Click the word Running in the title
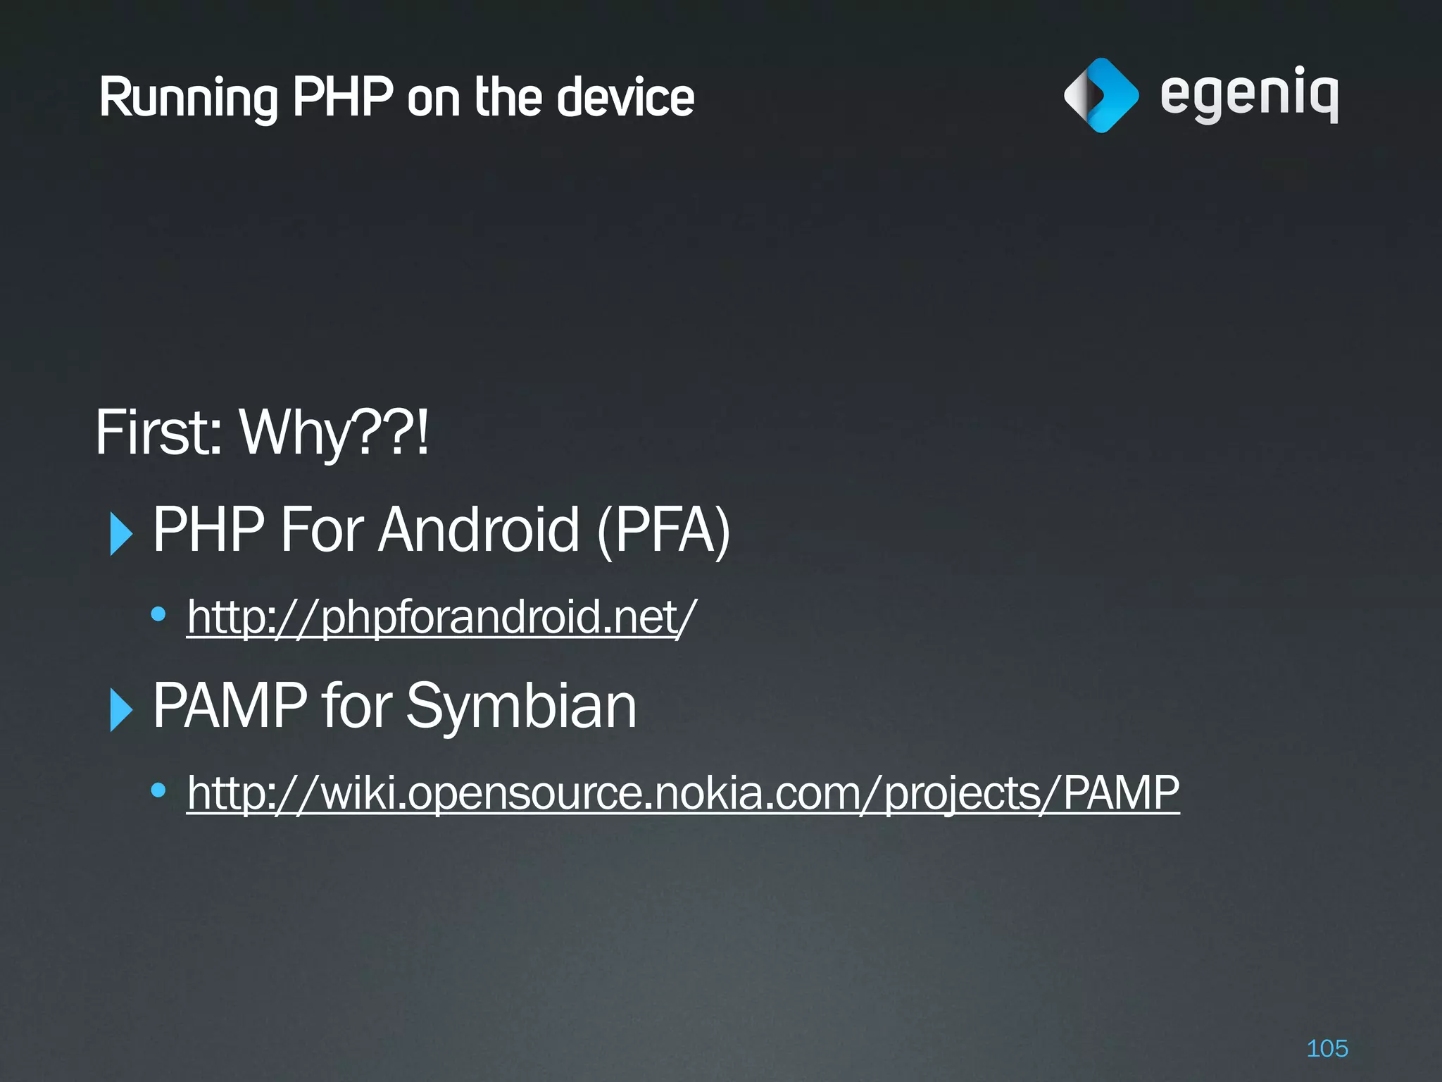click(x=189, y=99)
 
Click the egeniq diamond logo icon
click(x=1101, y=96)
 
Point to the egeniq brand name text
click(x=1249, y=94)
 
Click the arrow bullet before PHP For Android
click(x=121, y=534)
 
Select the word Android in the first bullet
click(x=479, y=530)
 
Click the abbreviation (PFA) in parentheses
click(x=664, y=530)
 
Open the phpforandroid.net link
click(x=441, y=617)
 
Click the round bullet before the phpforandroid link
click(x=158, y=614)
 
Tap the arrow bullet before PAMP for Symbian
click(x=121, y=709)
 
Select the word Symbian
click(x=521, y=706)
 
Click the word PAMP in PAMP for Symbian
click(x=230, y=706)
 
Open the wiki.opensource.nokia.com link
click(x=682, y=793)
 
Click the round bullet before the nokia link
click(x=158, y=790)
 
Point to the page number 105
click(x=1327, y=1048)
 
